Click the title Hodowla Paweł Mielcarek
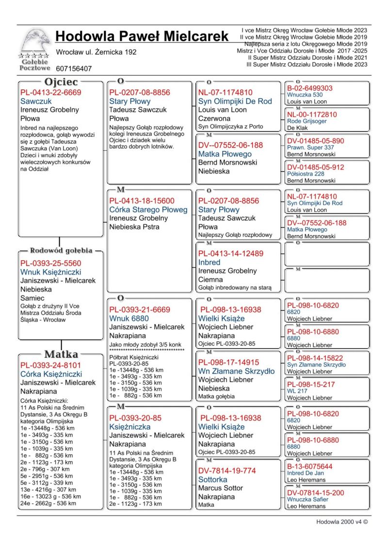pos(142,36)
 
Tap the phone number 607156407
pos(74,69)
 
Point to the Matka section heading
pos(61,354)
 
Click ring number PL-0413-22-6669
pos(50,92)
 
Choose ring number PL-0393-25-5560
pos(50,263)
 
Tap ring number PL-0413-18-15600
pos(142,201)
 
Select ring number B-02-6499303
pos(310,88)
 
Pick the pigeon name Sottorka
pos(212,480)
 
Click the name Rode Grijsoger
pos(307,121)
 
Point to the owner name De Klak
pos(298,128)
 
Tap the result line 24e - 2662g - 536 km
pos(48,503)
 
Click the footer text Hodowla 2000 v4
pos(342,522)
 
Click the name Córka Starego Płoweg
pos(148,210)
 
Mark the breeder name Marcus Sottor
pos(220,488)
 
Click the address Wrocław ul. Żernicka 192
pos(97,52)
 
